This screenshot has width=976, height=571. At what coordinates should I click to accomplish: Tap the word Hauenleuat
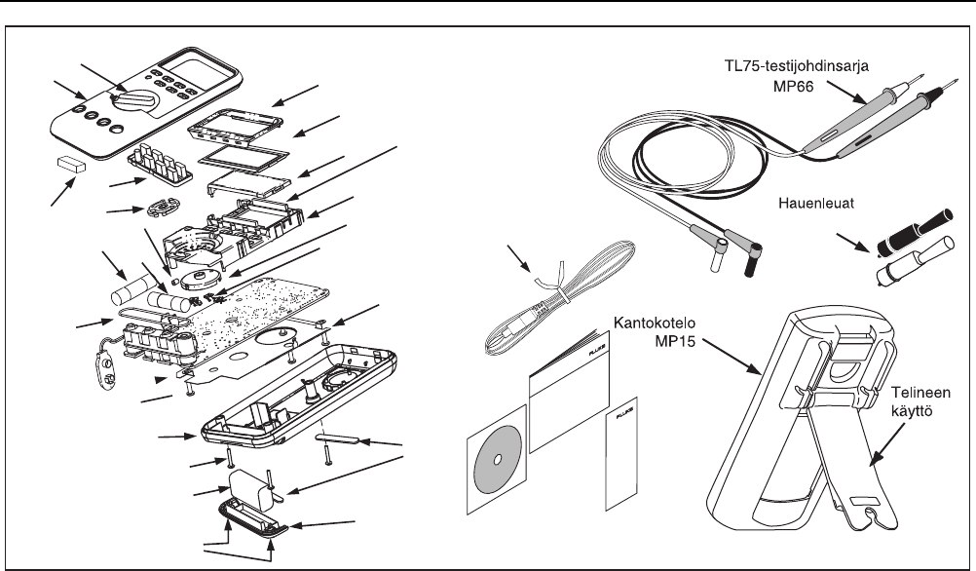[816, 206]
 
